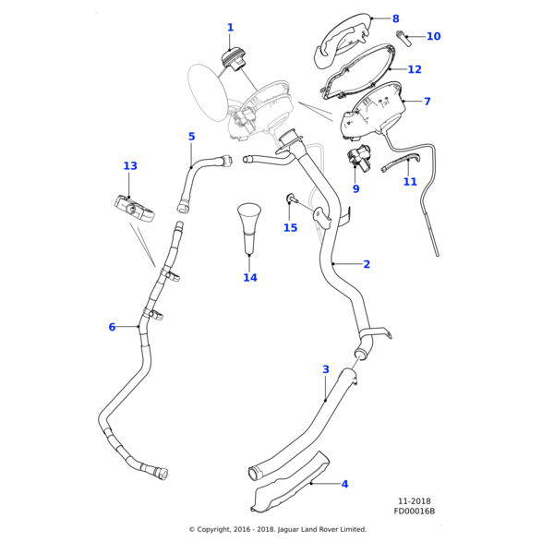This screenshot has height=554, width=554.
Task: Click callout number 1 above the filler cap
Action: tap(230, 28)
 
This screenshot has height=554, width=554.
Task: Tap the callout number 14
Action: tap(250, 277)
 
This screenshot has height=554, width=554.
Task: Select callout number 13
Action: tap(130, 166)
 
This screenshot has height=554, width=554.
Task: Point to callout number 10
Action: tap(433, 37)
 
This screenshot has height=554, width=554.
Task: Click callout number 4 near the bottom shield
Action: tap(344, 484)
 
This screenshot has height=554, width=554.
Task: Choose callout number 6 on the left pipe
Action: tap(112, 327)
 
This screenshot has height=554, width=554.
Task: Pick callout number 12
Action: tap(415, 69)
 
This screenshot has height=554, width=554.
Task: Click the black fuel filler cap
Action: tap(232, 59)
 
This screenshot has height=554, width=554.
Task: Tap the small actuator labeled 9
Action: tap(356, 157)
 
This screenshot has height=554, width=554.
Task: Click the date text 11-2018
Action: tap(414, 501)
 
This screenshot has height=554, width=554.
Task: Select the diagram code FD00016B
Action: tap(414, 511)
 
